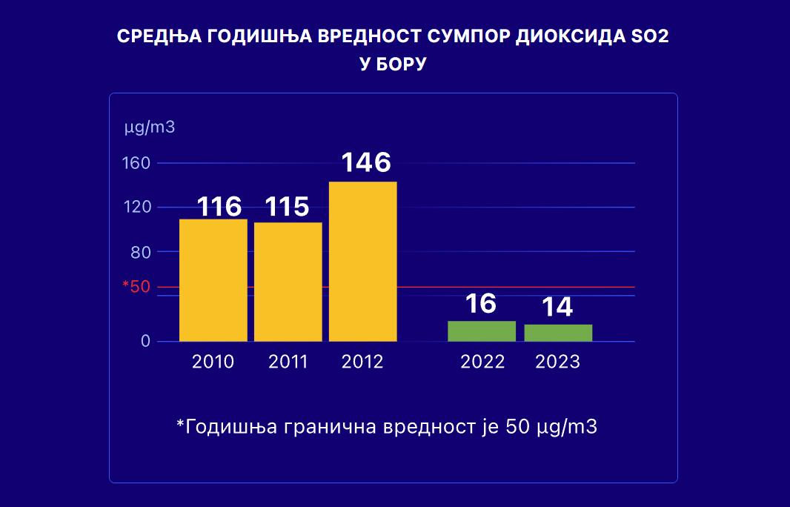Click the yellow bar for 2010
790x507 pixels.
click(x=213, y=280)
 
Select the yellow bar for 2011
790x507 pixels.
click(x=288, y=282)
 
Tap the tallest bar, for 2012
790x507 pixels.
click(x=363, y=261)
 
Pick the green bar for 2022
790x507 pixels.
click(x=482, y=331)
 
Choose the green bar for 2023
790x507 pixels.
click(x=558, y=333)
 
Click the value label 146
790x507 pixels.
click(x=365, y=162)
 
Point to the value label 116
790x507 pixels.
click(x=219, y=206)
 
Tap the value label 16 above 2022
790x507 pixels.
click(x=481, y=303)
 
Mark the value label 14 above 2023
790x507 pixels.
click(x=557, y=307)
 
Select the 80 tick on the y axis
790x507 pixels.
click(x=141, y=251)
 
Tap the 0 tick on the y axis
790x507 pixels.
click(x=146, y=342)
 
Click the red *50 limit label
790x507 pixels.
click(x=136, y=287)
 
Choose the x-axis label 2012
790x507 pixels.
click(x=363, y=362)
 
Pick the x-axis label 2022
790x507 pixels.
click(x=482, y=362)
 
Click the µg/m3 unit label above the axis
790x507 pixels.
click(x=150, y=127)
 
